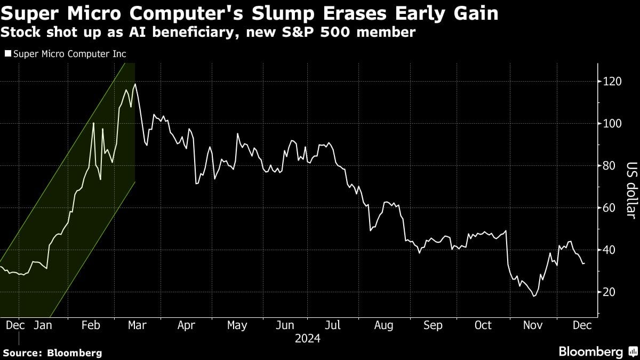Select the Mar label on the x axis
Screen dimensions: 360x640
coord(138,325)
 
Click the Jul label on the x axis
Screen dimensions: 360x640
coord(333,325)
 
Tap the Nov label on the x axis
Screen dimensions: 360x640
coord(531,325)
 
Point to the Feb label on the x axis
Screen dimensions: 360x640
coord(91,325)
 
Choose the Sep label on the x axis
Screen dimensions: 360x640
coord(433,325)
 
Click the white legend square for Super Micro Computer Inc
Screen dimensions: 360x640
coord(7,54)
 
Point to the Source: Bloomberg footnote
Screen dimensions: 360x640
coord(52,353)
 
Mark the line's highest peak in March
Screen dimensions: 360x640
coord(135,84)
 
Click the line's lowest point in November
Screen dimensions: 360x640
coord(533,296)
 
